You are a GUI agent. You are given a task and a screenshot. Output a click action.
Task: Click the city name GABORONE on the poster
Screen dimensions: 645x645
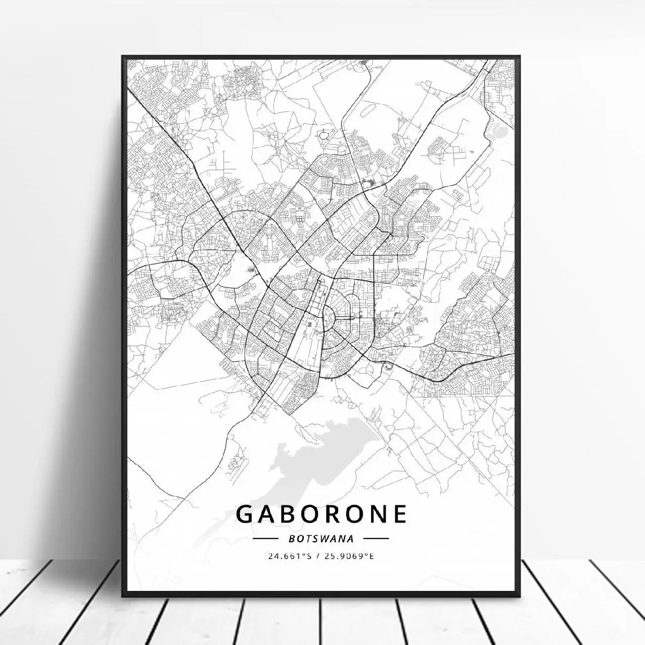[x=321, y=514]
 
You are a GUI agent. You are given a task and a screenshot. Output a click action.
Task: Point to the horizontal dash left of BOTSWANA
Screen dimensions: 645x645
[x=266, y=539]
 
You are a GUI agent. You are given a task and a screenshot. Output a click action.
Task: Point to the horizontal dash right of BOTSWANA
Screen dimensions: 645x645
[x=376, y=539]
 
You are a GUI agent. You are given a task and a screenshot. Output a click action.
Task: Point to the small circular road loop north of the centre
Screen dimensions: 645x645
[x=323, y=135]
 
